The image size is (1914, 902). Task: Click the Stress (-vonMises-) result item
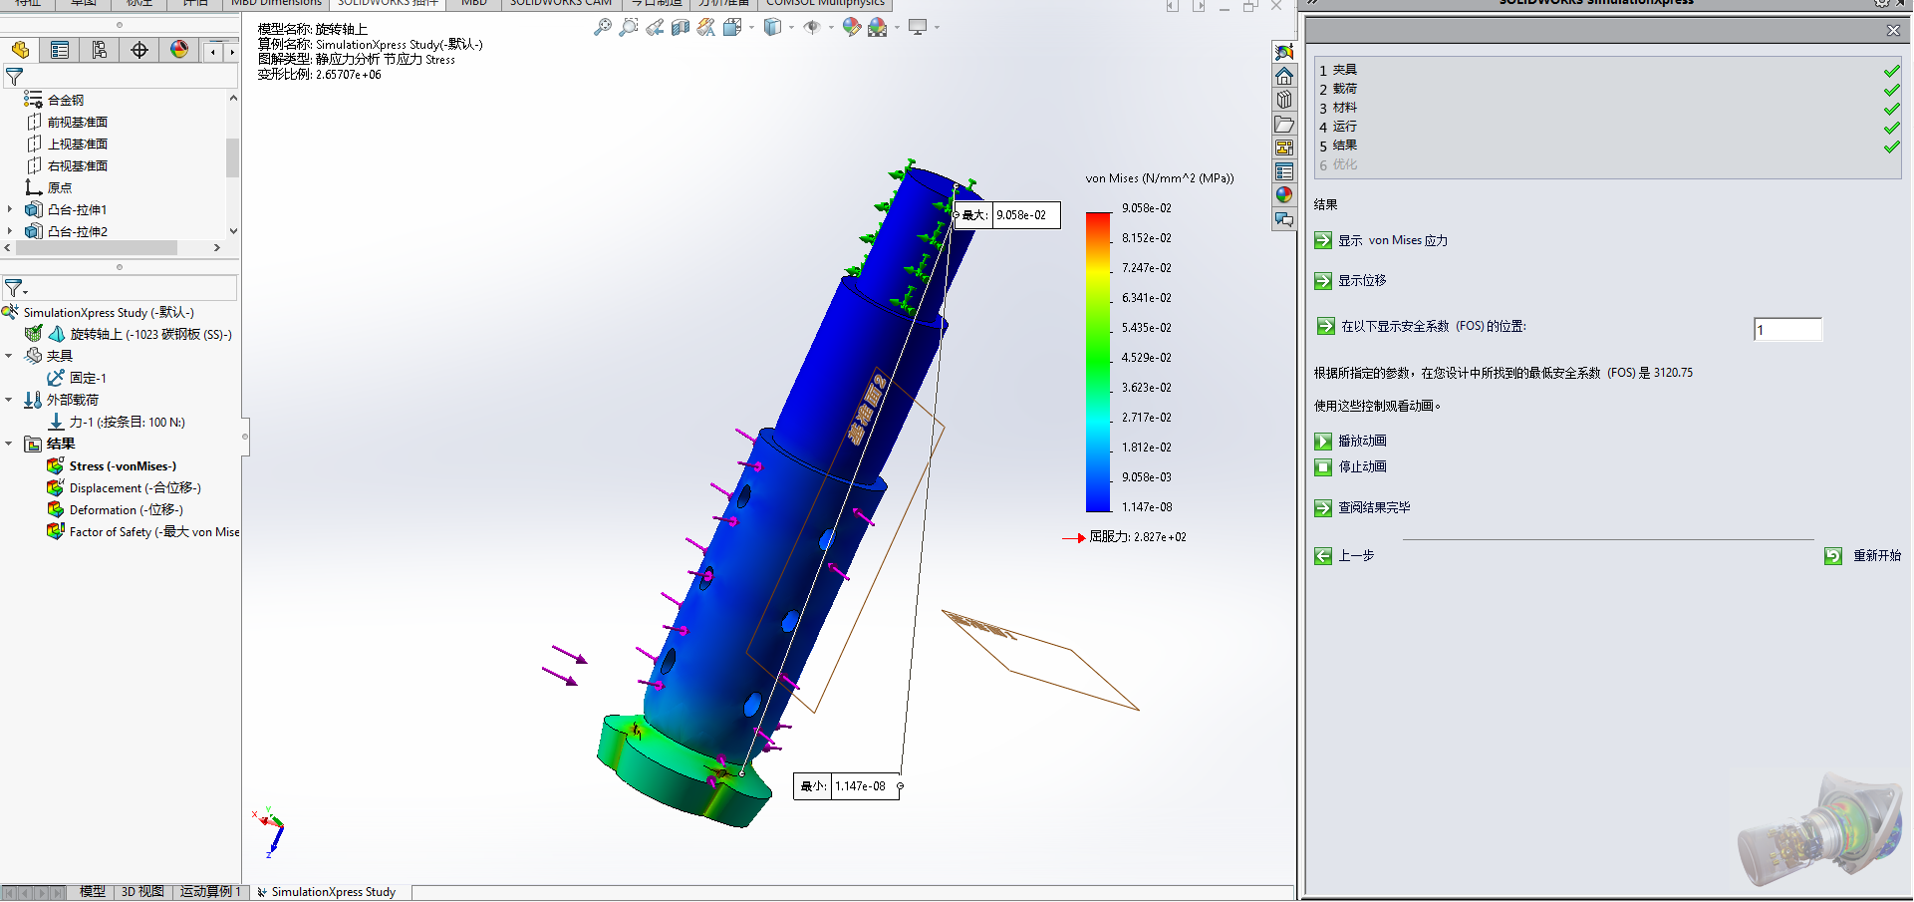click(122, 466)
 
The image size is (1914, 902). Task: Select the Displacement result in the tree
click(135, 488)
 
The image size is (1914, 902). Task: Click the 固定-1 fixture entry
click(87, 379)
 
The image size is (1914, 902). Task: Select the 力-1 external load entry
click(126, 423)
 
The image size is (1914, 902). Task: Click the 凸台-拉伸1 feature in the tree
click(77, 210)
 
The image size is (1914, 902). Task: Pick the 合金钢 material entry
click(66, 101)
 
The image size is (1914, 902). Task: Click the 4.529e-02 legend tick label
click(1146, 358)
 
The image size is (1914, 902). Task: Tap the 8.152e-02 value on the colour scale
click(1146, 238)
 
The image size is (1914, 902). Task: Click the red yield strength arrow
click(1073, 538)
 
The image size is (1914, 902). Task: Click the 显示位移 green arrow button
click(1323, 281)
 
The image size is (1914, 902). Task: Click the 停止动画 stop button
click(1323, 467)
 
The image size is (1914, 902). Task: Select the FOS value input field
click(1787, 330)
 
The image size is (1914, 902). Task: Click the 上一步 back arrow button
click(1323, 556)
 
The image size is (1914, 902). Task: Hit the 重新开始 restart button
click(1833, 556)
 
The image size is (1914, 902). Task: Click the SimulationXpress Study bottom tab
click(333, 892)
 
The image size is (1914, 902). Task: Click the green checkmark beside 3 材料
click(1891, 110)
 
